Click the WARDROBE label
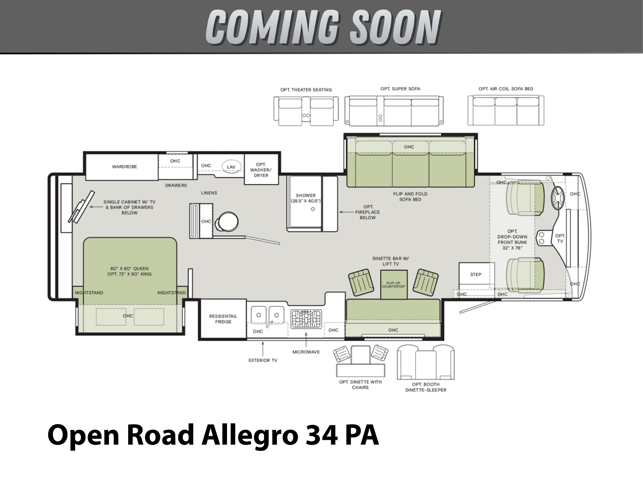[x=124, y=167]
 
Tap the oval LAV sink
[x=231, y=167]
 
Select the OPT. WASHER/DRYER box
[x=261, y=170]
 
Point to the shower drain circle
[x=313, y=209]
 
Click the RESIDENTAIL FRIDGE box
[x=223, y=319]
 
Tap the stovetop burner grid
[x=306, y=319]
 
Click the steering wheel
[x=558, y=198]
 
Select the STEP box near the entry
[x=476, y=275]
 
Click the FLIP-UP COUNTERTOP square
[x=394, y=284]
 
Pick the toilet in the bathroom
[x=227, y=222]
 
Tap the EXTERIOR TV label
[x=263, y=360]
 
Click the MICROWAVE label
[x=306, y=352]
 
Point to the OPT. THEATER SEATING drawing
[x=306, y=111]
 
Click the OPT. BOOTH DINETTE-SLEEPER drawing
[x=426, y=362]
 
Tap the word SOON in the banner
[x=395, y=27]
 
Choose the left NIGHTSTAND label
[x=89, y=293]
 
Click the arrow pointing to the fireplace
[x=346, y=212]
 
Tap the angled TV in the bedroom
[x=82, y=207]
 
